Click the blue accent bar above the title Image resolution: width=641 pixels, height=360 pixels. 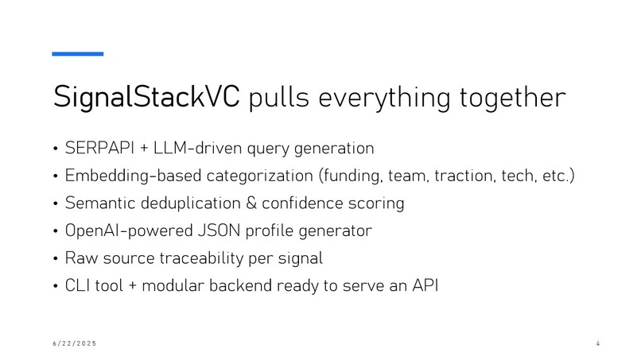pos(78,54)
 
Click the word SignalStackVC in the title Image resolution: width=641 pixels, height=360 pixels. pos(147,98)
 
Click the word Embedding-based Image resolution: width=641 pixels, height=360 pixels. pos(124,176)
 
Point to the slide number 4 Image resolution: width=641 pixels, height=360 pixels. pos(596,343)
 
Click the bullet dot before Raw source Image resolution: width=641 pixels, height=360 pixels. pos(56,259)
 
